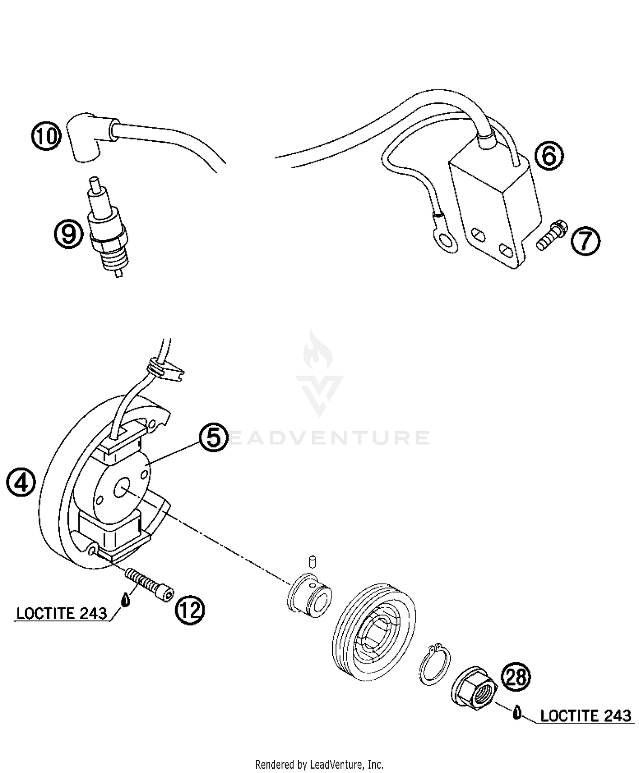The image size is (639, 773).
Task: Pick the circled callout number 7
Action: coord(585,241)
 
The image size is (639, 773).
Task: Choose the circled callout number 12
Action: coord(190,610)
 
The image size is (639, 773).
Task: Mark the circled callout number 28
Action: coord(516,677)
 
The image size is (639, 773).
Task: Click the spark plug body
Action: coord(108,239)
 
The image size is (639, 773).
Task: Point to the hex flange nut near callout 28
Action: coord(473,691)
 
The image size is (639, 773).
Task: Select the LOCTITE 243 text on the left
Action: coord(62,613)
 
